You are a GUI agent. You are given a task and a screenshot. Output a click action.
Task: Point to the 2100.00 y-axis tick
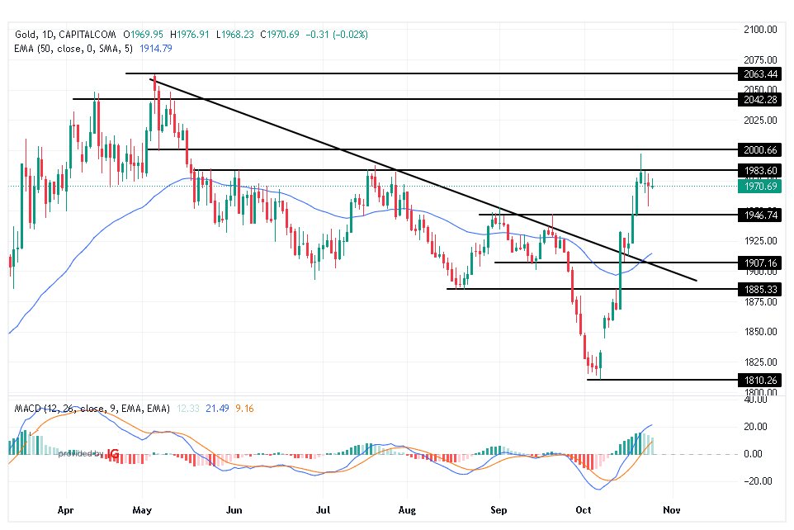pyautogui.click(x=760, y=30)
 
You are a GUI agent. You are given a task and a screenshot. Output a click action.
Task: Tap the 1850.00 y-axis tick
pyautogui.click(x=760, y=332)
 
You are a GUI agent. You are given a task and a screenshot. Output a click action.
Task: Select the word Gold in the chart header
pyautogui.click(x=26, y=35)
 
